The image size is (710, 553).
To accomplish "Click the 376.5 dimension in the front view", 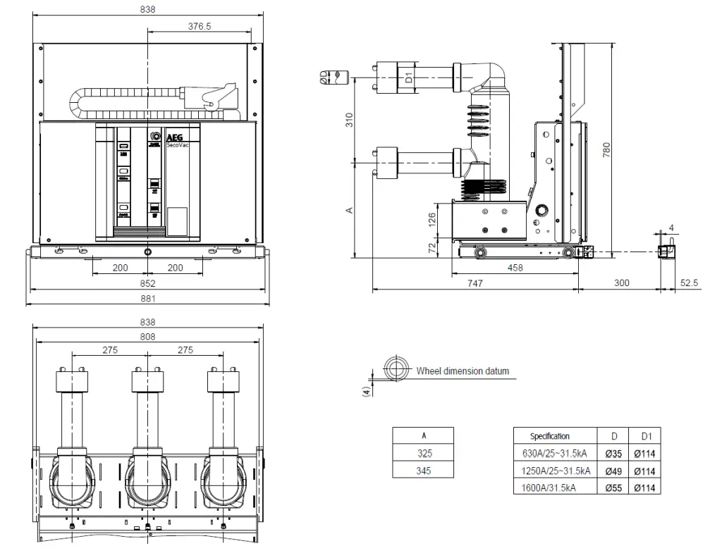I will coord(200,26).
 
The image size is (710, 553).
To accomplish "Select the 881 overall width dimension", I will coord(147,298).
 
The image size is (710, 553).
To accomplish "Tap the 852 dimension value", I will coord(147,283).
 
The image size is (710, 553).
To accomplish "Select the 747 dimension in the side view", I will coord(475,282).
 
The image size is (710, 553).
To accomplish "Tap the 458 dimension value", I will coord(515,268).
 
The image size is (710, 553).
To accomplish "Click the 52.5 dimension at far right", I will coord(689,282).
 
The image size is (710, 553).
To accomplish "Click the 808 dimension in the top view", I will coord(147,336).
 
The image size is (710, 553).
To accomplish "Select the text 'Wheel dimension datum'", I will coord(462,371).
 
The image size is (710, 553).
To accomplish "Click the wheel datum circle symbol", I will coord(396,368).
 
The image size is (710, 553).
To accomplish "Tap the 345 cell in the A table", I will coord(423,471).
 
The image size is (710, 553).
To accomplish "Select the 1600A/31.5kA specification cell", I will coord(550,487).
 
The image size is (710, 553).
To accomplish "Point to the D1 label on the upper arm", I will coord(408,75).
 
